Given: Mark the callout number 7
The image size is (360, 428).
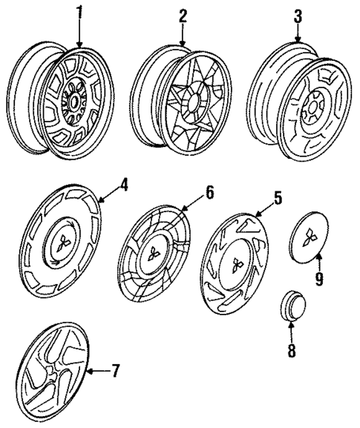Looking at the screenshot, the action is tap(115, 370).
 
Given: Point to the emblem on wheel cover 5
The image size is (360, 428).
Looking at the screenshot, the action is tap(237, 265).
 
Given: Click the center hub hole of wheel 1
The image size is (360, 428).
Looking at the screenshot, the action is tap(73, 103).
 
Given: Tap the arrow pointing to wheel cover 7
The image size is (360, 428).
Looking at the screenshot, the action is tap(98, 371).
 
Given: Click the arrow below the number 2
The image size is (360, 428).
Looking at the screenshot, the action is tap(183, 34).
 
